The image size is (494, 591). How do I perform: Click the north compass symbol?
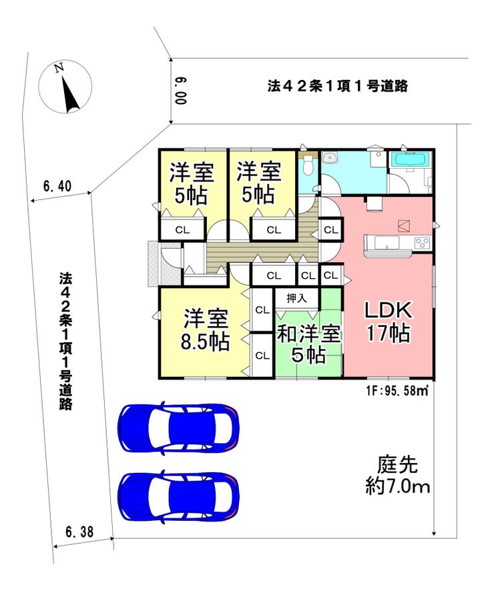(65, 87)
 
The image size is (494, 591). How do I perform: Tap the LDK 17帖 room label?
(388, 322)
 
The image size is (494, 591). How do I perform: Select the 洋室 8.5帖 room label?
(206, 330)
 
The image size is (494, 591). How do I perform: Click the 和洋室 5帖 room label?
(309, 344)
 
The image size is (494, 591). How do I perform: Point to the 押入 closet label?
(296, 299)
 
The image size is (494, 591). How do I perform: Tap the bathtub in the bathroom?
(411, 160)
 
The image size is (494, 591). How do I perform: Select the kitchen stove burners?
(422, 242)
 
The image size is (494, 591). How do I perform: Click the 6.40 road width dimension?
(57, 186)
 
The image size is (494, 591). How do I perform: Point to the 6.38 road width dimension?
(79, 532)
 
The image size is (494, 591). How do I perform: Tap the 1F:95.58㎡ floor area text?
(397, 390)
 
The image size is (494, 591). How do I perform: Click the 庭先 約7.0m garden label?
(398, 476)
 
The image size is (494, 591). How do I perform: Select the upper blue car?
(178, 428)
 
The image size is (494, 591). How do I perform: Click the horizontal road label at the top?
(338, 86)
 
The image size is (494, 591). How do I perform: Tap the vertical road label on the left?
(65, 341)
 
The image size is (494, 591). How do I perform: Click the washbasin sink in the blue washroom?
(330, 157)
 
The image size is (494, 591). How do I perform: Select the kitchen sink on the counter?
(387, 242)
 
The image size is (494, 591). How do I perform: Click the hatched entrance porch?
(155, 263)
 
